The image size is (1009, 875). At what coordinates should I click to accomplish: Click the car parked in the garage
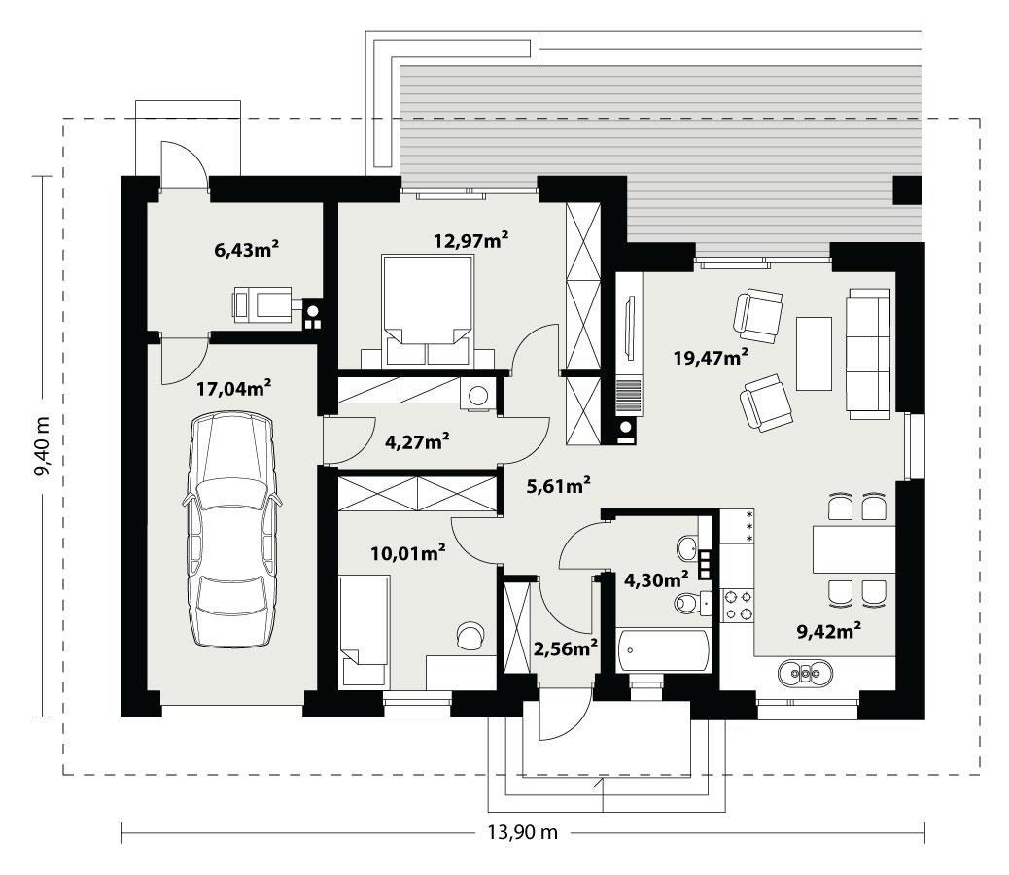229,530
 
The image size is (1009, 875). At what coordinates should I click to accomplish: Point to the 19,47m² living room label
711,356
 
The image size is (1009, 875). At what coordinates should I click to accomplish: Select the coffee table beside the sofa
814,351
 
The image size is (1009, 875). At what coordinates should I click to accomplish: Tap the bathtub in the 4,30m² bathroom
664,650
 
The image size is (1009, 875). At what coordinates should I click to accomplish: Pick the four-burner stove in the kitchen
737,605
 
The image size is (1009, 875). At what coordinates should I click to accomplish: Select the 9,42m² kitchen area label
831,632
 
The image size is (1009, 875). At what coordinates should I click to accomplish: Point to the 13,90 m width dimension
522,831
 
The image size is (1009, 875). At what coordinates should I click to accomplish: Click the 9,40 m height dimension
41,446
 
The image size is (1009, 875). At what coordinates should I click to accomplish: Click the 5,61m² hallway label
559,486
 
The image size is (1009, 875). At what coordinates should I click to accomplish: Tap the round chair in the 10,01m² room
470,634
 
